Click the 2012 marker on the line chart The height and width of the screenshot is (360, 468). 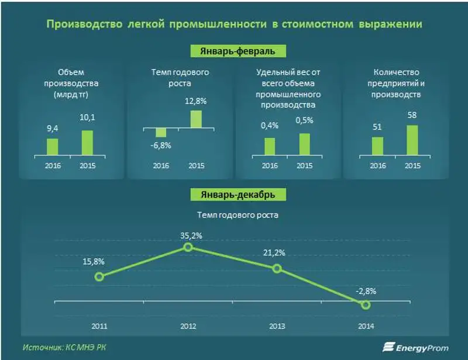point(188,247)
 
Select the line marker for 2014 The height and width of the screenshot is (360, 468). point(366,304)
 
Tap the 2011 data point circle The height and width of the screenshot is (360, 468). point(99,276)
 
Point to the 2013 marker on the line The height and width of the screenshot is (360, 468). point(277,268)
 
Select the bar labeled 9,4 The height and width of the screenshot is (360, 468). point(53,146)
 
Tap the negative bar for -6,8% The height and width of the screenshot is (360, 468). point(161,132)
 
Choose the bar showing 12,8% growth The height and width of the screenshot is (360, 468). point(196,119)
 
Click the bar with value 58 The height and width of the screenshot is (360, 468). point(412,140)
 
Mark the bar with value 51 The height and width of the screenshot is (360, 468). point(378,146)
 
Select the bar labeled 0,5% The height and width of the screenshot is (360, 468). point(304,144)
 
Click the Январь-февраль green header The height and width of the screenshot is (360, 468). point(238,50)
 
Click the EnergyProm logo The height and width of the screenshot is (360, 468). point(414,347)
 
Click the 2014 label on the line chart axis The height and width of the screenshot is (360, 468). point(366,326)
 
